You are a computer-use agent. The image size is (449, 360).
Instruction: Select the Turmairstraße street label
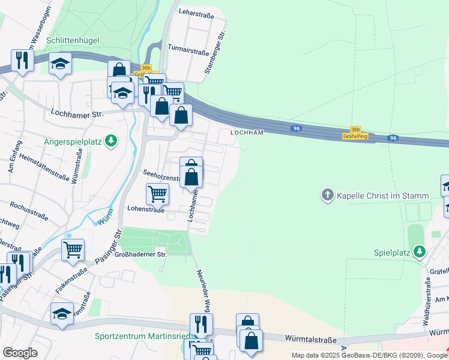tap(188, 52)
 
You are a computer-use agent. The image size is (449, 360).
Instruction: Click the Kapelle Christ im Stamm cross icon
tap(327, 195)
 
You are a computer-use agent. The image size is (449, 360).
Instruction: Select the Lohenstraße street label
tap(145, 209)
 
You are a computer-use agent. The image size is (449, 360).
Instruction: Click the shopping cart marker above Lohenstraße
tap(157, 193)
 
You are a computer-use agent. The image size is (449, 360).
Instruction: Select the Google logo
tap(20, 353)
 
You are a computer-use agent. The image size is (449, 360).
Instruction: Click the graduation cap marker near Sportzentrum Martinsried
tap(62, 313)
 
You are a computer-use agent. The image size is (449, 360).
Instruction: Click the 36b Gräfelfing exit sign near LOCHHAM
tap(355, 133)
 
